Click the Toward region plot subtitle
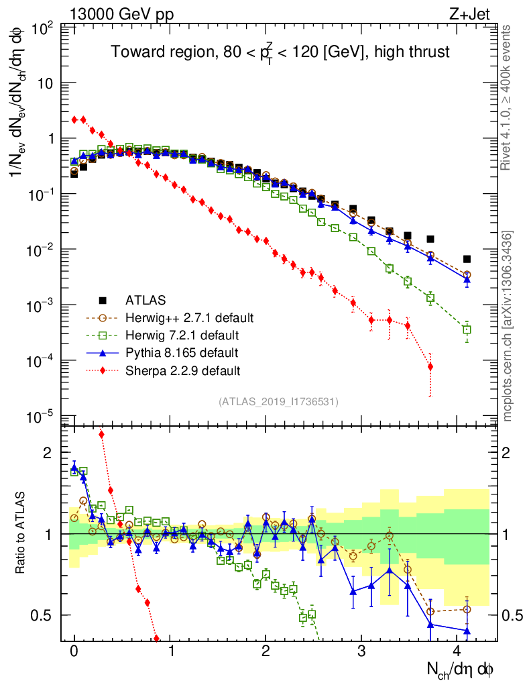point(280,52)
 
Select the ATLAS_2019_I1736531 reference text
point(278,402)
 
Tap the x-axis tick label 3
point(361,651)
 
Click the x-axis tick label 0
point(74,651)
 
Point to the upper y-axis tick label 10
point(48,83)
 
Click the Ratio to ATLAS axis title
point(21,533)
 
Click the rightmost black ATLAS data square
point(467,259)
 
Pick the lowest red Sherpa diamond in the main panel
point(430,366)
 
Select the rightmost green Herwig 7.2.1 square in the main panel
point(467,329)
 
